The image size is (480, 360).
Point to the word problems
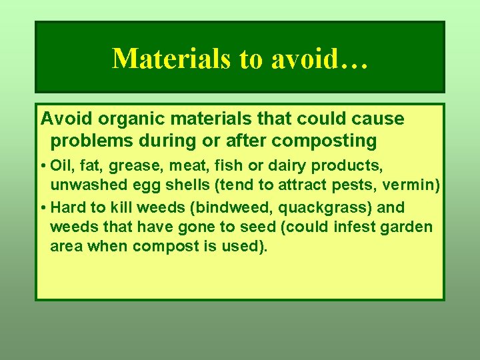[x=90, y=141]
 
